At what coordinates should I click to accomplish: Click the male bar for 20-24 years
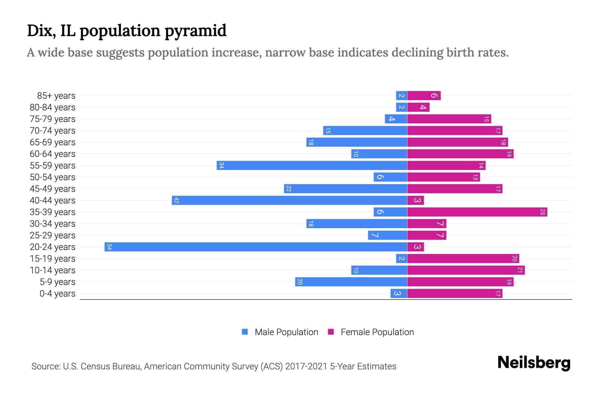tap(256, 247)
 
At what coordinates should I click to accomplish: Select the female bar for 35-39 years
tap(477, 212)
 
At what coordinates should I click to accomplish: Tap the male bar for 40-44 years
tap(290, 200)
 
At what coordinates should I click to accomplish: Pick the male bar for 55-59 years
tap(312, 165)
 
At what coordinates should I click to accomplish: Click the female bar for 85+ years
tap(424, 95)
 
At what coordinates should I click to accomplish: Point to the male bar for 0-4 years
tap(399, 293)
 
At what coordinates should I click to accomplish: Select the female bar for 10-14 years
tap(466, 270)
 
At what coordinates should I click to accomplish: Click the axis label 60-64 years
tap(53, 154)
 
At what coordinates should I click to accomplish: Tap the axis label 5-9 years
tap(57, 282)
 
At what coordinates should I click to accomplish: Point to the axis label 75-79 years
tap(53, 119)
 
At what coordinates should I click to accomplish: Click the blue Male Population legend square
tap(245, 332)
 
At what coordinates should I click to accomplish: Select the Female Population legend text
tap(377, 332)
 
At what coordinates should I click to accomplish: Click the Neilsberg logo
tap(534, 363)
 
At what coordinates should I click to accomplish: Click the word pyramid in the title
tap(195, 31)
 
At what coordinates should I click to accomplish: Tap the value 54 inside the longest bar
tap(109, 247)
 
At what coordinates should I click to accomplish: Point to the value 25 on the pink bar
tap(542, 212)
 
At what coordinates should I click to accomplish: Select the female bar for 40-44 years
tap(415, 200)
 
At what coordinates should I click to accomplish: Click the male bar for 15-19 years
tap(401, 258)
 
